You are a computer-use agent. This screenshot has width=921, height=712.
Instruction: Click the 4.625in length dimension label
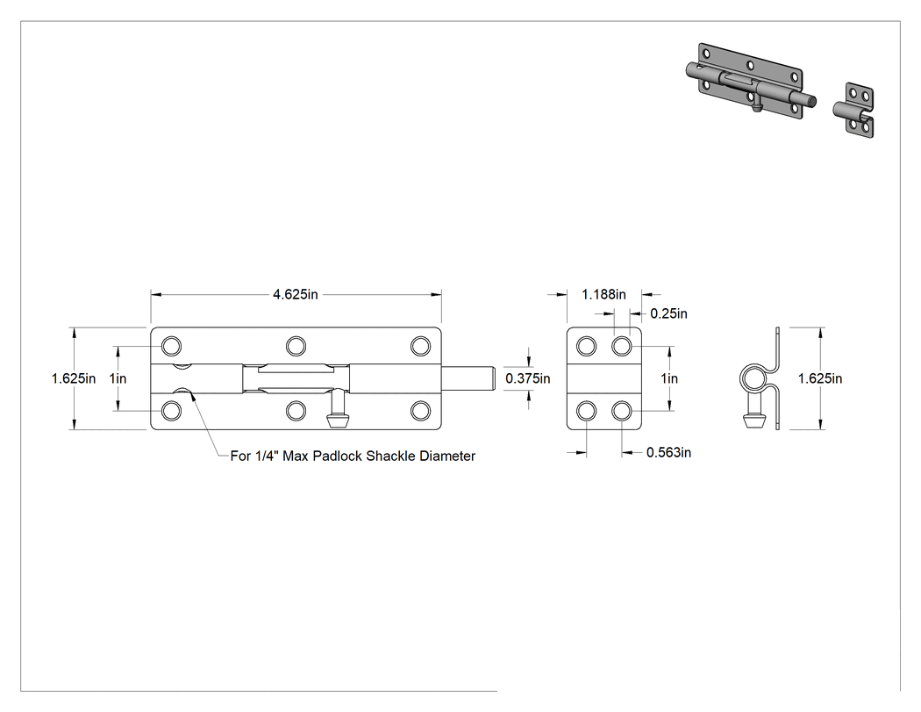click(295, 294)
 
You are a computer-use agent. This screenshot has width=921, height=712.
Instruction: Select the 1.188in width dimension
click(603, 294)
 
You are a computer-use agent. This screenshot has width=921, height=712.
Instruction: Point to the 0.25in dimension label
click(668, 313)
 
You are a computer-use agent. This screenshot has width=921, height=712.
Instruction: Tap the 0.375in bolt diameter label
click(528, 378)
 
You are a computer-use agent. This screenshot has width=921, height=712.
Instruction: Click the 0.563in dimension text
click(668, 452)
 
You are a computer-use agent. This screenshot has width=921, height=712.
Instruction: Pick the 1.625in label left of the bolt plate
click(74, 378)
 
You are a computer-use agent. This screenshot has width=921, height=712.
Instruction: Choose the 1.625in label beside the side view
click(820, 378)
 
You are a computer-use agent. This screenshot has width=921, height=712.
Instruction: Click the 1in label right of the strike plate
click(669, 378)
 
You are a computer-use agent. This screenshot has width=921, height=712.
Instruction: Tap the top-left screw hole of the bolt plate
click(171, 346)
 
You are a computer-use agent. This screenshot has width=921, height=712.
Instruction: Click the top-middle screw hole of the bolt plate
click(296, 346)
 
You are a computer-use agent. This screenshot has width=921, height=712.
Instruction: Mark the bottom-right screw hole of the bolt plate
click(420, 410)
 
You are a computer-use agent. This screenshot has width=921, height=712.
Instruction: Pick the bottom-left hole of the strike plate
click(586, 410)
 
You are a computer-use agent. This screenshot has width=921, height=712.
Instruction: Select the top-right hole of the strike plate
click(621, 346)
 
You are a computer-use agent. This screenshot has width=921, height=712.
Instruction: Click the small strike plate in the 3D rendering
click(853, 111)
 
